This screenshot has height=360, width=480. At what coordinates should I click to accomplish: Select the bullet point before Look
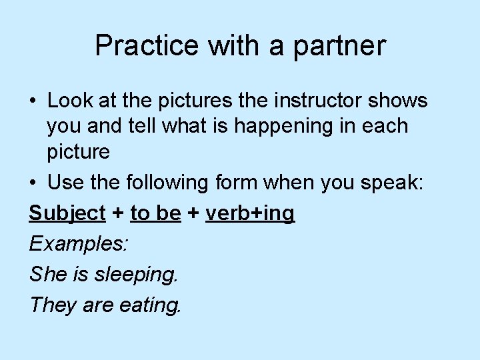pos(33,101)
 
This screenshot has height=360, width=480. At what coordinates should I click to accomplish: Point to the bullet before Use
pos(33,182)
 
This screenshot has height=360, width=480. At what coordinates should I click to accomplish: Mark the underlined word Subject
pos(67,213)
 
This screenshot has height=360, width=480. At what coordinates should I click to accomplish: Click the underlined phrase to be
pos(155,213)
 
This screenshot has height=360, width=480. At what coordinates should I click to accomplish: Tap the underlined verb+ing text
pos(250,213)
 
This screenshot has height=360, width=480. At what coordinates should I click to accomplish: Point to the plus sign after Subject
pos(118,213)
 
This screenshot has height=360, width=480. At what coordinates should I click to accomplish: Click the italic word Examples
pos(79,243)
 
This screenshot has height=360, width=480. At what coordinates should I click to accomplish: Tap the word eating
pos(150,305)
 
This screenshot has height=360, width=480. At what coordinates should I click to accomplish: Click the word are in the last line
pos(98,305)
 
